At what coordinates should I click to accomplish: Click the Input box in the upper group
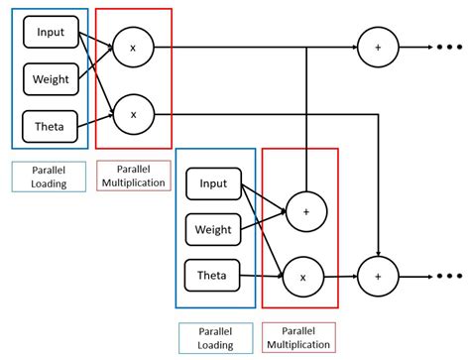pos(50,33)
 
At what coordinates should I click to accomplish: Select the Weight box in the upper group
pos(50,77)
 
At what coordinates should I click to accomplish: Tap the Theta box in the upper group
pos(50,125)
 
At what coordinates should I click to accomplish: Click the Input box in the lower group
pos(213,183)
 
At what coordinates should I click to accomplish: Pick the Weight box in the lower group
pos(213,229)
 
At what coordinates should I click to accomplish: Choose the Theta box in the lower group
pos(213,275)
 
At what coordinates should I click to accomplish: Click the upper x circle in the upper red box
pos(133,47)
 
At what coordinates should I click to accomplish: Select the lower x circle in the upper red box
pos(133,114)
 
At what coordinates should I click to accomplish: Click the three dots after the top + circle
pos(442,47)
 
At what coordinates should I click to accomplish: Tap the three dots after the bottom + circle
pos(442,278)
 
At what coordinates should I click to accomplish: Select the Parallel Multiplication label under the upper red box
pos(133,177)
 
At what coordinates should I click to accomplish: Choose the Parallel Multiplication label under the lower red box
pos(299,338)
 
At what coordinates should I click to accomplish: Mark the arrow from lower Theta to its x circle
pos(263,277)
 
